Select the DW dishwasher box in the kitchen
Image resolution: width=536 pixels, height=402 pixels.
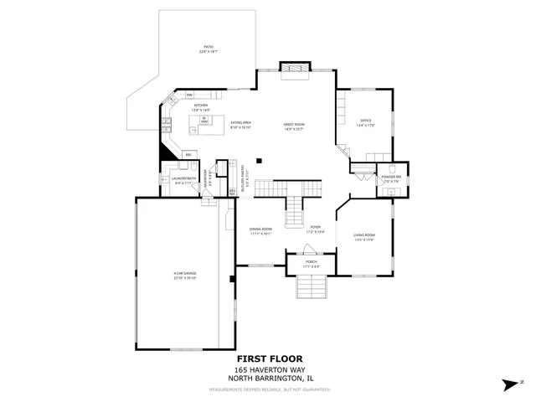(x=189, y=94)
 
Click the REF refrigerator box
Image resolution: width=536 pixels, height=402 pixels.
(x=188, y=154)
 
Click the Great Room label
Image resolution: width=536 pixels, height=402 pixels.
(x=292, y=126)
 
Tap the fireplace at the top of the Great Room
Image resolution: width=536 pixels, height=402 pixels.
(x=294, y=67)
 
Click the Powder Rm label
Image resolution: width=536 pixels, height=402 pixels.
(x=391, y=179)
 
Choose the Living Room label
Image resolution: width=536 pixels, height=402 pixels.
(x=363, y=237)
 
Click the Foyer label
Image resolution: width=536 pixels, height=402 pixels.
(x=315, y=229)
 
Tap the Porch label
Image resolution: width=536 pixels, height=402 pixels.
(x=311, y=263)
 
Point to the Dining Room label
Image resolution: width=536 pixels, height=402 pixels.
(x=260, y=231)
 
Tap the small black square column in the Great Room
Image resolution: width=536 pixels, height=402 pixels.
(x=259, y=159)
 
